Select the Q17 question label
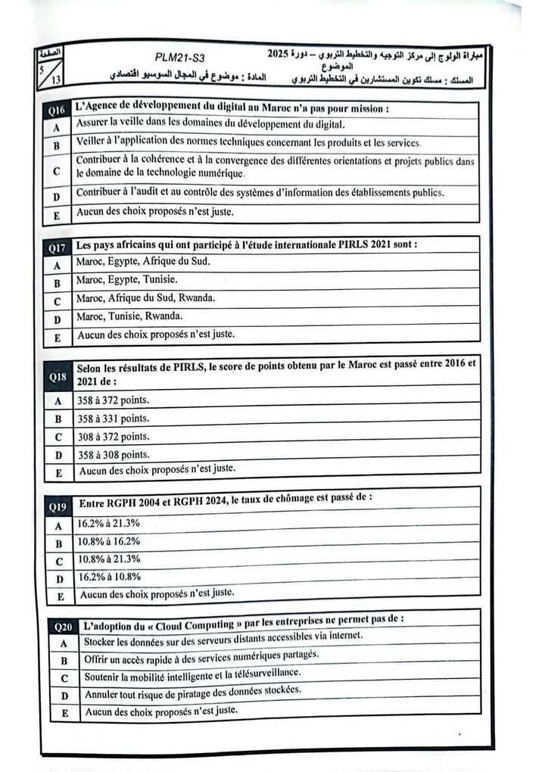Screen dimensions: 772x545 (58, 247)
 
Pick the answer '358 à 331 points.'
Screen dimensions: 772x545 (114, 418)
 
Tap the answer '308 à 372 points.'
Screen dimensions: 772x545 (114, 436)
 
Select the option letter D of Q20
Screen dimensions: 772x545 (64, 696)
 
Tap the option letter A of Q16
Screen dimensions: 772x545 (57, 129)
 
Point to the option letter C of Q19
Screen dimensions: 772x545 (58, 562)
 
